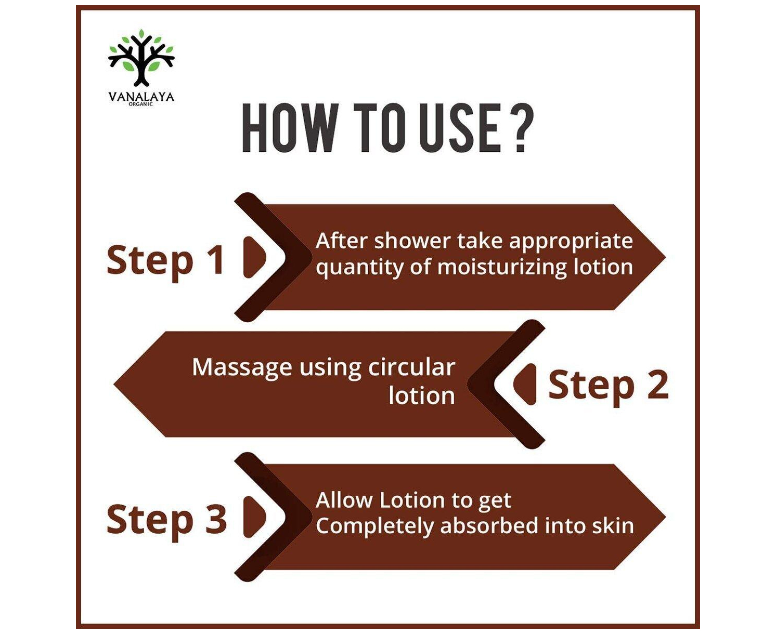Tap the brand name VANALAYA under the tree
(x=141, y=97)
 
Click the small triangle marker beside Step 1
(x=254, y=257)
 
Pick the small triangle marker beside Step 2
(x=525, y=385)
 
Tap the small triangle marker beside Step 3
(x=254, y=516)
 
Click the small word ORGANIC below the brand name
(x=141, y=104)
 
